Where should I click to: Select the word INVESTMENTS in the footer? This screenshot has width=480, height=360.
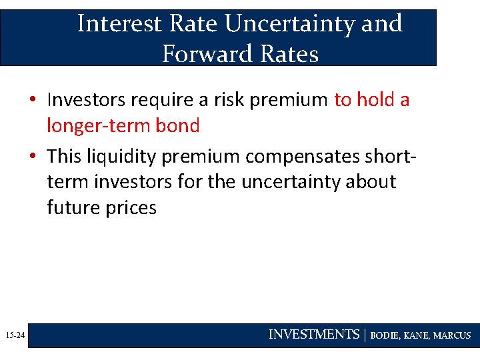pyautogui.click(x=313, y=335)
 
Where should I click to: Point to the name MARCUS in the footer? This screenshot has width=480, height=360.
pyautogui.click(x=452, y=336)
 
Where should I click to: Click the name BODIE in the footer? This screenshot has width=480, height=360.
pyautogui.click(x=385, y=336)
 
